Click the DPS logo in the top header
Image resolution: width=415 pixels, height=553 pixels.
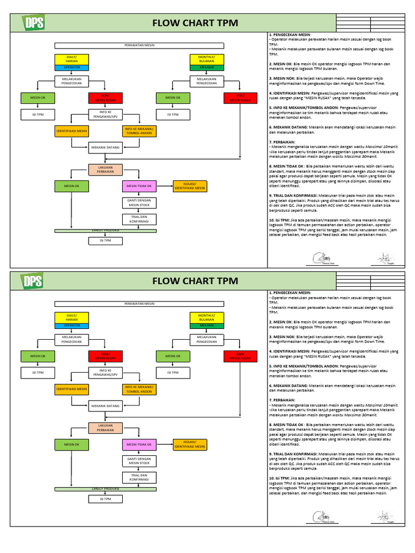click(34, 23)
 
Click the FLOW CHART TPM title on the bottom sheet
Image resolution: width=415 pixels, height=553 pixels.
click(195, 280)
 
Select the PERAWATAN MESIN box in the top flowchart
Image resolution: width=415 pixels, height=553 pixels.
click(139, 46)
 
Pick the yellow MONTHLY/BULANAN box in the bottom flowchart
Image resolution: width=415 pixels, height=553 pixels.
click(206, 317)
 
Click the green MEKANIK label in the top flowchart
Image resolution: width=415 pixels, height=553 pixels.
click(206, 68)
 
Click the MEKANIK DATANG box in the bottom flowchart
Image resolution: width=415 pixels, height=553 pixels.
click(105, 406)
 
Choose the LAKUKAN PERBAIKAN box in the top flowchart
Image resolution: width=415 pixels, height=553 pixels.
click(105, 170)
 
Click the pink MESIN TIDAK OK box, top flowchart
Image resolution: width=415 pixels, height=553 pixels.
click(139, 186)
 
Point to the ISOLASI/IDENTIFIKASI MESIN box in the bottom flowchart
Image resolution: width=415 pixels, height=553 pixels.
click(189, 444)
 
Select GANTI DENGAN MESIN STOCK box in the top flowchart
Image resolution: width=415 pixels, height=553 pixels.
click(139, 203)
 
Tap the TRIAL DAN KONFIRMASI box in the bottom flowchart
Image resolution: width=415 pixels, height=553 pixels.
click(139, 477)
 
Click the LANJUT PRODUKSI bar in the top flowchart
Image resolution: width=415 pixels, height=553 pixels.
click(105, 231)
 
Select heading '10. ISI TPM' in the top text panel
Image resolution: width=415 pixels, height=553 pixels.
click(279, 221)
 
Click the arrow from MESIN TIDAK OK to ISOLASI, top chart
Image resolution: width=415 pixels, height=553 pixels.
click(164, 186)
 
